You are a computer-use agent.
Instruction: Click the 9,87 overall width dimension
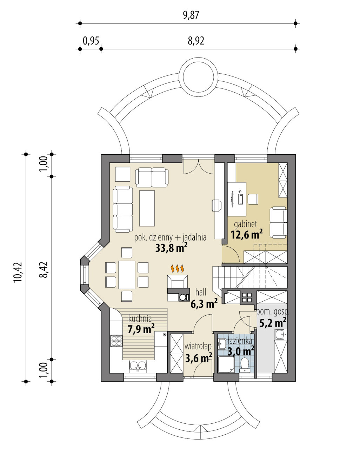pyautogui.click(x=191, y=15)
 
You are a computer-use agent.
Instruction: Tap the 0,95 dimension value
pyautogui.click(x=91, y=41)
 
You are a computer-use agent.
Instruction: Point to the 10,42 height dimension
pyautogui.click(x=18, y=272)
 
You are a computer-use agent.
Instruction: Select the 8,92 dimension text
pyautogui.click(x=196, y=41)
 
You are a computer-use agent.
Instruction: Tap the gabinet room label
pyautogui.click(x=246, y=224)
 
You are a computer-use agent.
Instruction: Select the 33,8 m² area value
pyautogui.click(x=171, y=248)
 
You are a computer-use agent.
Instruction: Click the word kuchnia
pyautogui.click(x=140, y=318)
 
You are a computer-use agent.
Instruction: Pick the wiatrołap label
pyautogui.click(x=198, y=347)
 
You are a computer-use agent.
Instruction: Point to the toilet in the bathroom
pyautogui.click(x=245, y=365)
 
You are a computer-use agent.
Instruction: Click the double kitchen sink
pyautogui.click(x=138, y=366)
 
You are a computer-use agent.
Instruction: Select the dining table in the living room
pyautogui.click(x=127, y=275)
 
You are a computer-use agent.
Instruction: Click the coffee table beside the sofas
pyautogui.click(x=147, y=208)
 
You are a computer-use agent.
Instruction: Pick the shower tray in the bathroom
pyautogui.click(x=226, y=364)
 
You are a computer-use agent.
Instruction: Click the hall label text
pyautogui.click(x=201, y=292)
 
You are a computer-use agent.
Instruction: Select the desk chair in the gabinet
pyautogui.click(x=253, y=199)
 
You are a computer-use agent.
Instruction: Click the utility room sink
pyautogui.click(x=281, y=334)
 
